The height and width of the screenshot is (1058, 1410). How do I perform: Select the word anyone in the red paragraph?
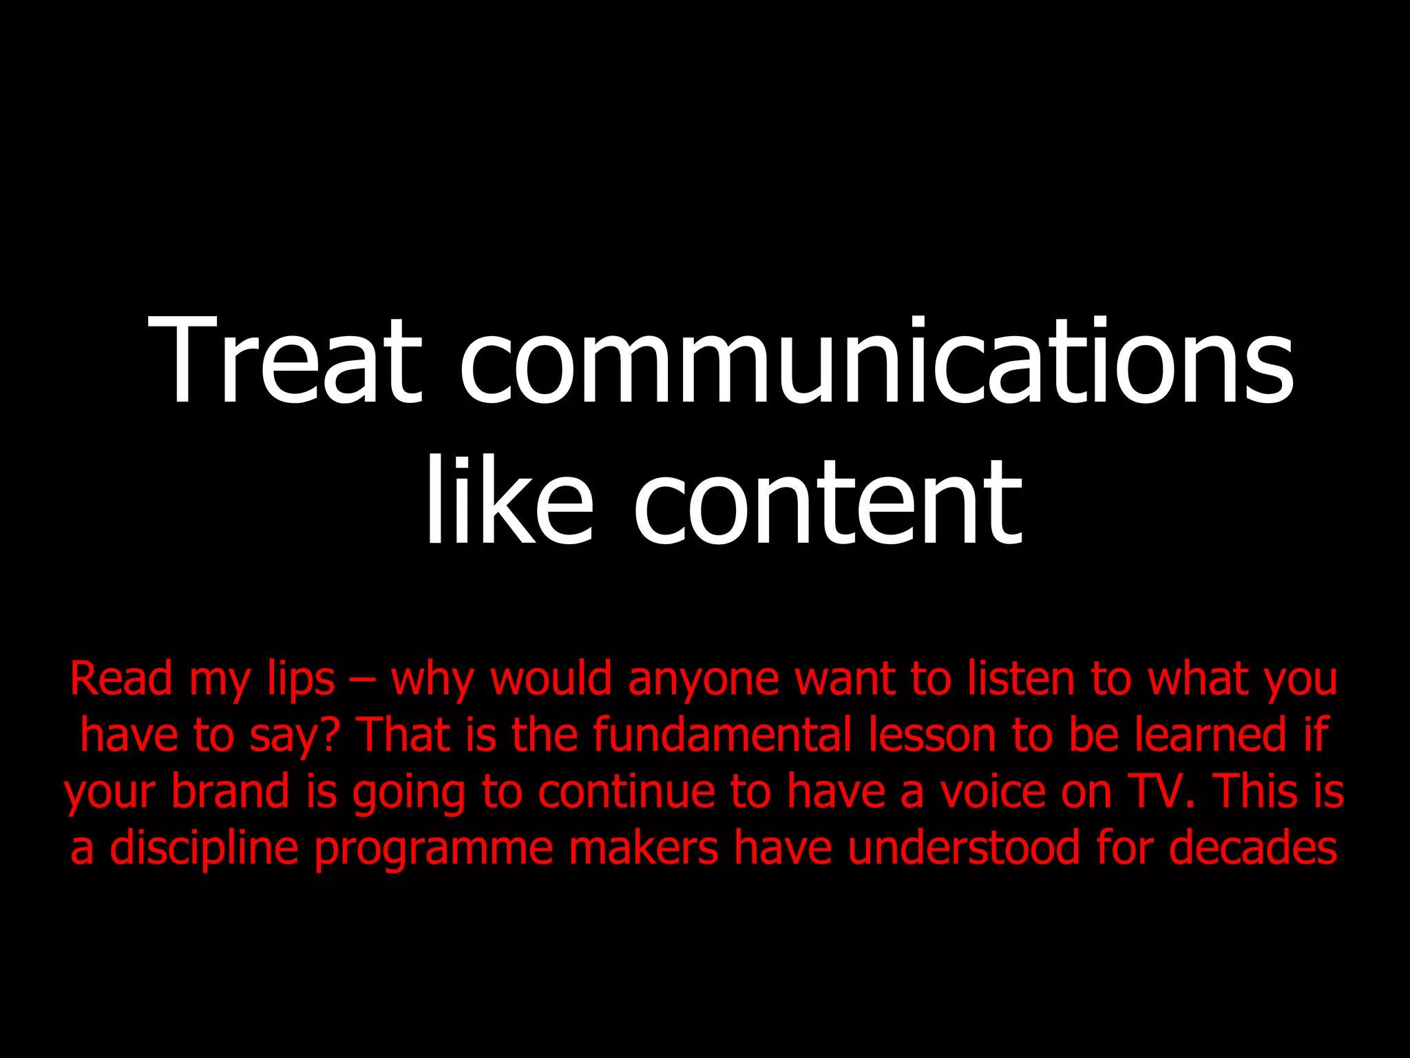pos(703,680)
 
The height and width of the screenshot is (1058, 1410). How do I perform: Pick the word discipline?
pos(204,848)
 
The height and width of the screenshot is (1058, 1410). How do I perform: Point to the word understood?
pos(963,848)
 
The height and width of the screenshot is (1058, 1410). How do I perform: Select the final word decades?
pos(1252,848)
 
